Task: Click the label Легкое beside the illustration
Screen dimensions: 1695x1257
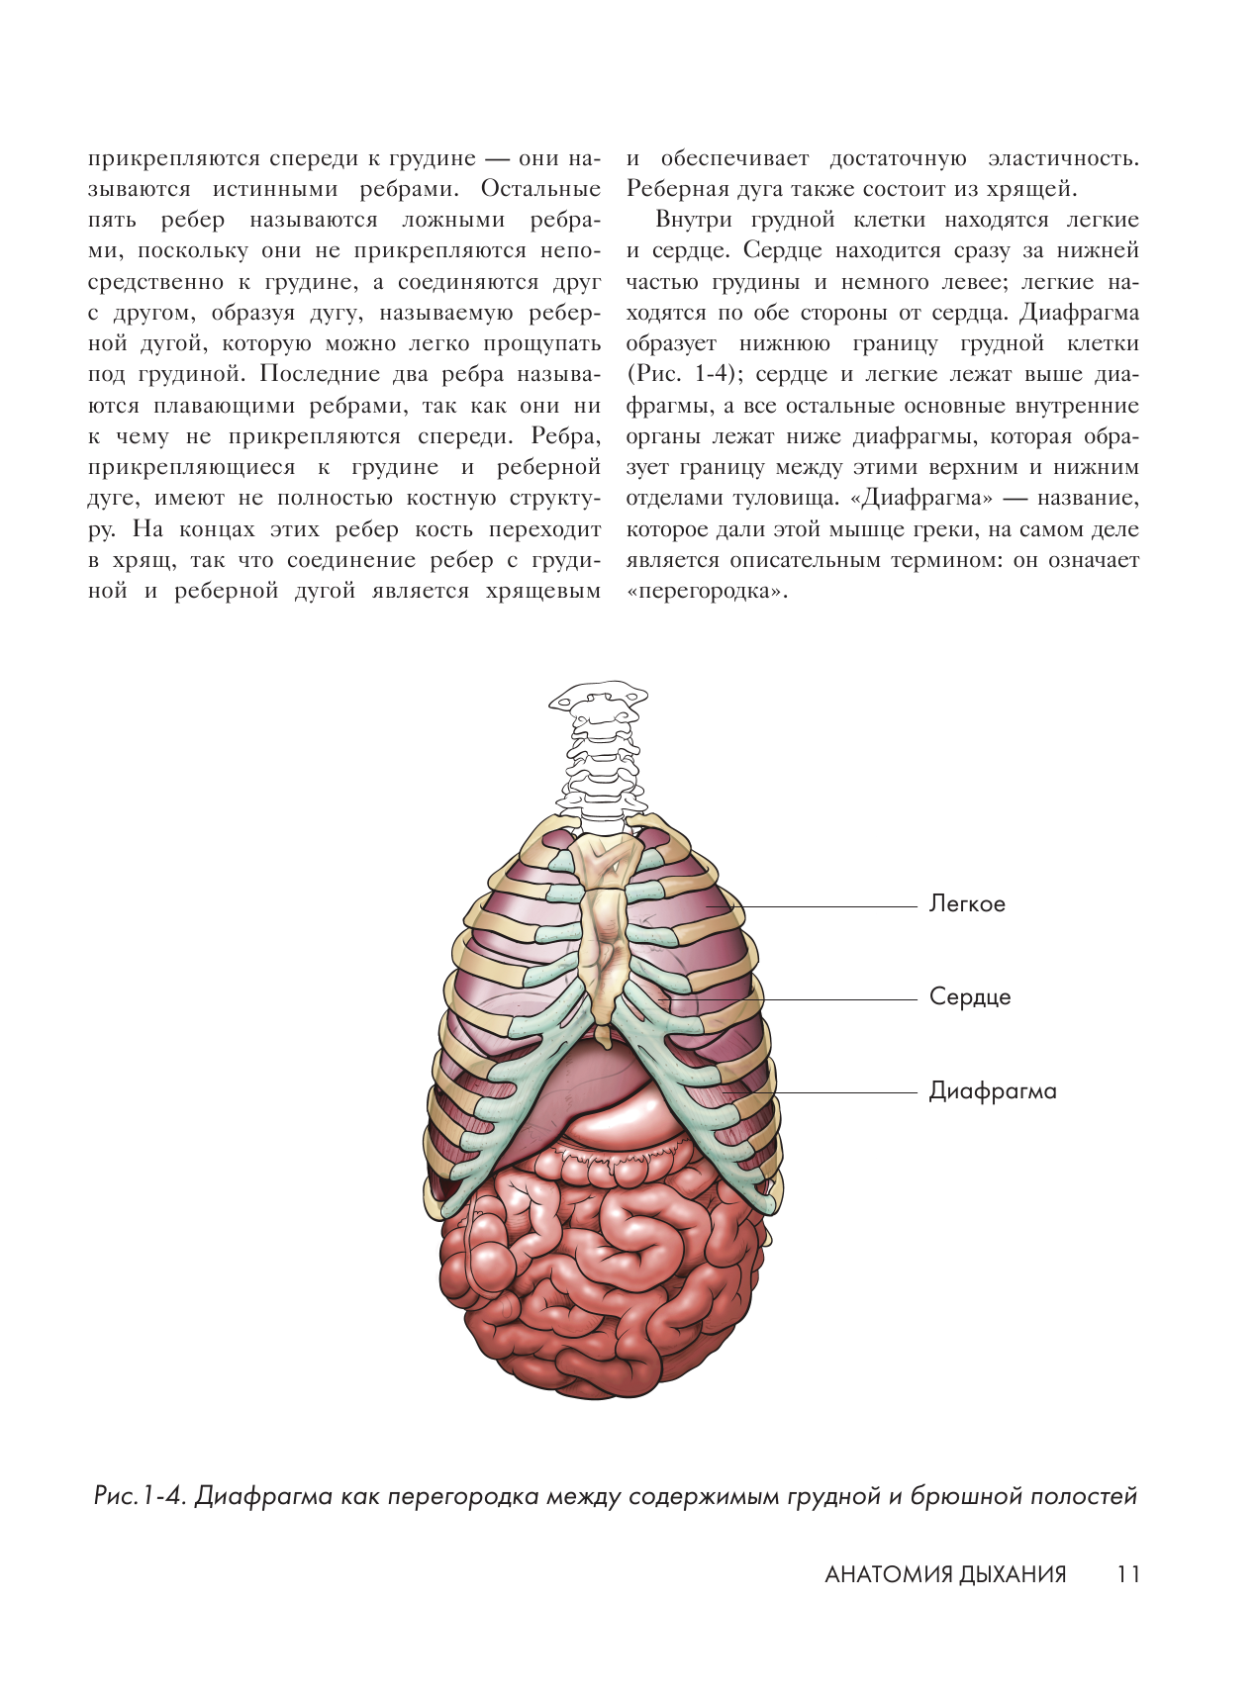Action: point(967,904)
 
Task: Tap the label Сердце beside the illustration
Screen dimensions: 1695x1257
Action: point(970,997)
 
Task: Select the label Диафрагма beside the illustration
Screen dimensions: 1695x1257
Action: point(992,1091)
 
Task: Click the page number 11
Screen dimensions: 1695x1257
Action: point(1128,1574)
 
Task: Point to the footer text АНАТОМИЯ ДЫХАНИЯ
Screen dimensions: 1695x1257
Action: point(945,1574)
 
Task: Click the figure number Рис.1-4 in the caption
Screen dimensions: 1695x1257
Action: point(140,1496)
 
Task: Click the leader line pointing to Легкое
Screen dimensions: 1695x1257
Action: point(831,906)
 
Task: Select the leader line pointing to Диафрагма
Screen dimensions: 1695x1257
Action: point(841,1092)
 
